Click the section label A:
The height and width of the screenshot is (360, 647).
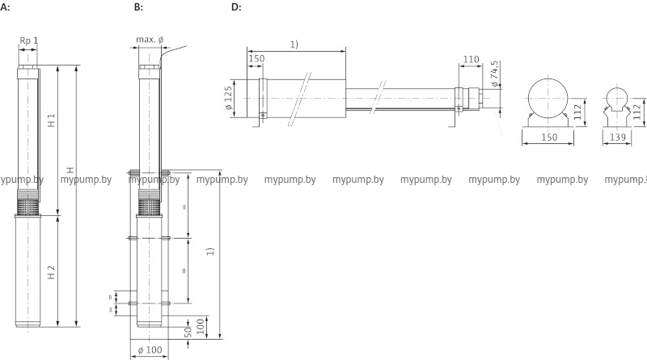coord(6,7)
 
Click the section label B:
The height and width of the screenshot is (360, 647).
coord(138,7)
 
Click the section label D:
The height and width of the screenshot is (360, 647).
coord(236,7)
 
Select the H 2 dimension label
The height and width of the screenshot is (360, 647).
coord(51,272)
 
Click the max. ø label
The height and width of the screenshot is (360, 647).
coord(150,40)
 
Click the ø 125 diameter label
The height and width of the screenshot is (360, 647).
coord(228,100)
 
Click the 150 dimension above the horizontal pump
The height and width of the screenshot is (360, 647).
coord(256,59)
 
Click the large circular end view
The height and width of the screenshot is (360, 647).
coord(548,98)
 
